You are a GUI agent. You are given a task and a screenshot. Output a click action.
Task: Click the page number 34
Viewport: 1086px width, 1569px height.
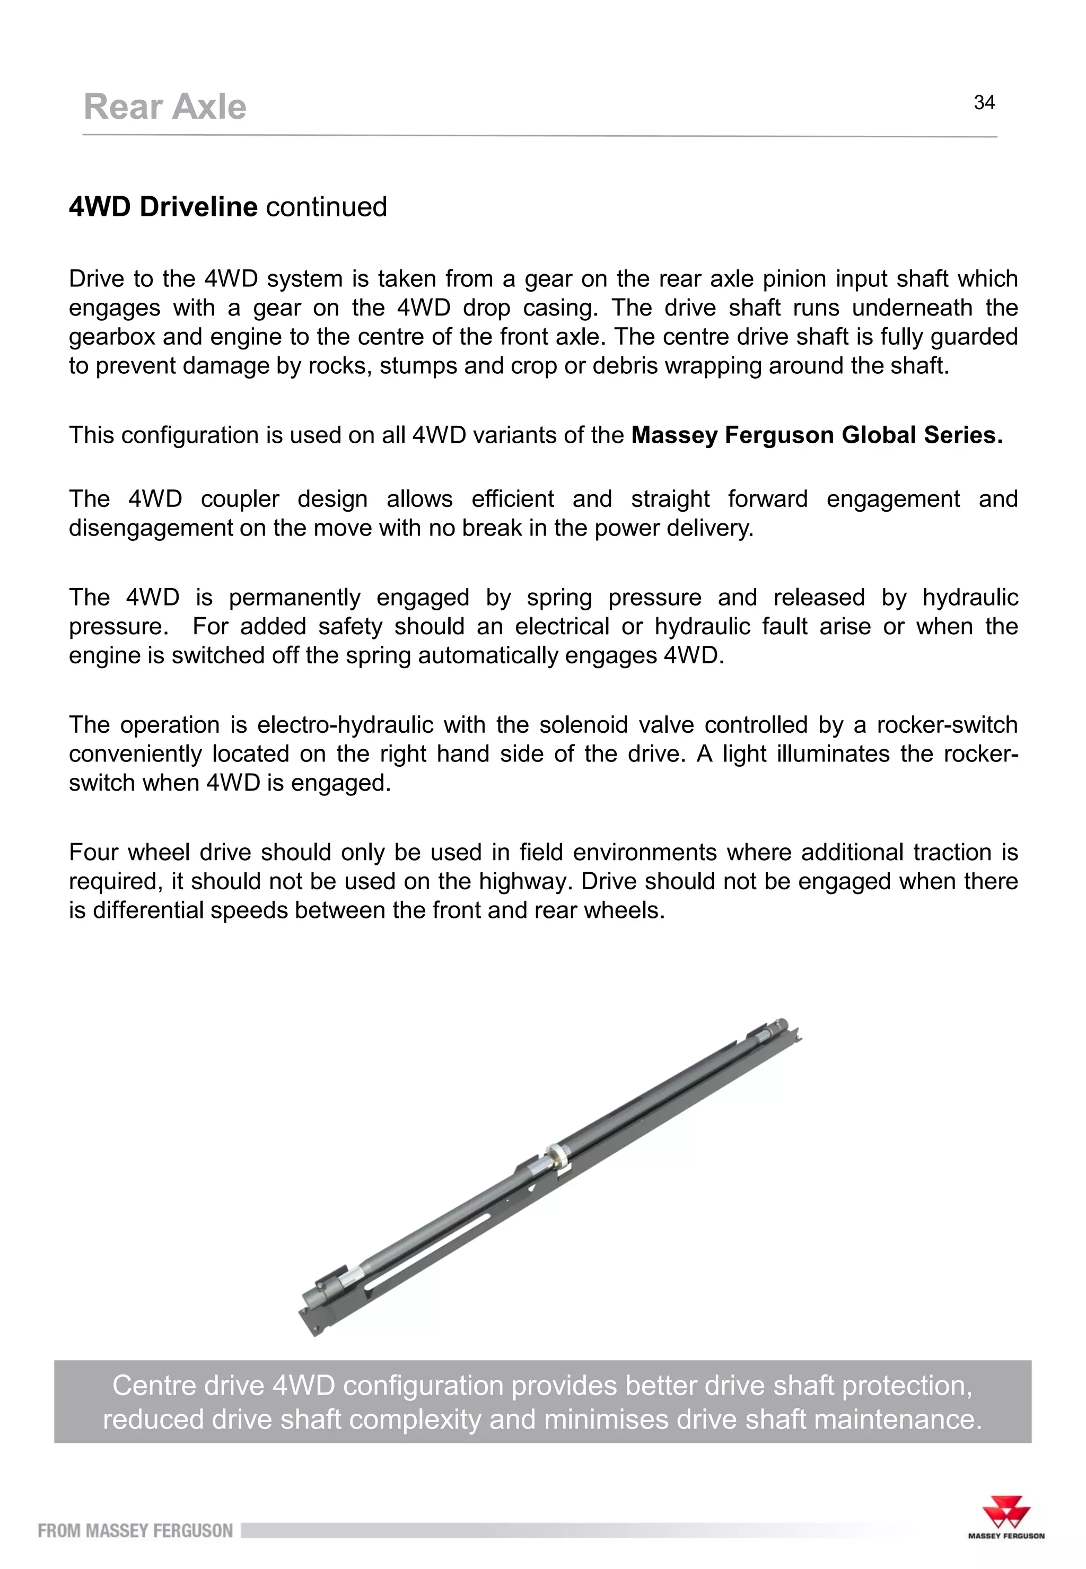[984, 103]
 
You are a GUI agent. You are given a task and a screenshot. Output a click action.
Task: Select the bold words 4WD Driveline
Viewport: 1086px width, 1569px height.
[163, 207]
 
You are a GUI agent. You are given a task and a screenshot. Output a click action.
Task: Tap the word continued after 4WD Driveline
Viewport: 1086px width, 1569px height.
[326, 207]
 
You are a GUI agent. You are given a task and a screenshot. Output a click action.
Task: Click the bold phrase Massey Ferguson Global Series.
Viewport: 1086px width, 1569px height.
[817, 435]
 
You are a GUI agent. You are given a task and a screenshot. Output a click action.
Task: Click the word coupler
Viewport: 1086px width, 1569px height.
[240, 499]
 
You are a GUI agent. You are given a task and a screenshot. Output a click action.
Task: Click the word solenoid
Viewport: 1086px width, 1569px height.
[583, 725]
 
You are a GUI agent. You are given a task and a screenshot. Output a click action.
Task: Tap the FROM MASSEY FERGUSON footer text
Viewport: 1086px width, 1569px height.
[135, 1531]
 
